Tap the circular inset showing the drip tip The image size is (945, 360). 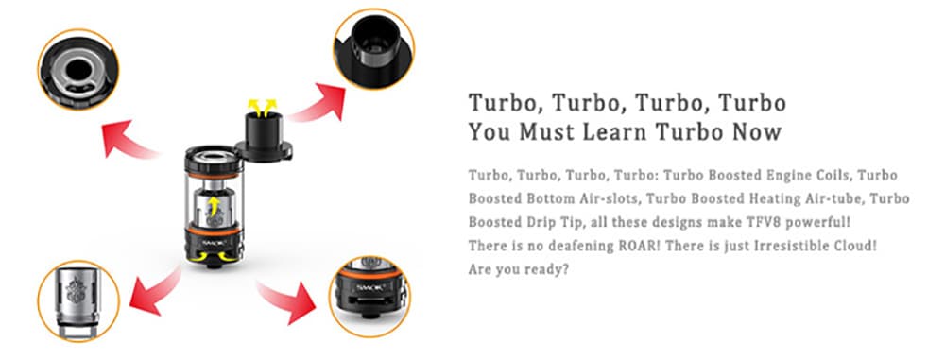[374, 49]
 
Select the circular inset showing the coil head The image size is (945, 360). [78, 300]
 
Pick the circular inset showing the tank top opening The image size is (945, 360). [78, 69]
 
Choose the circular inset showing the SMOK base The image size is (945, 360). [369, 297]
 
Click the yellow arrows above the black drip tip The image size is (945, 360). [263, 108]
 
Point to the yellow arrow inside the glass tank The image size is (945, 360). [212, 206]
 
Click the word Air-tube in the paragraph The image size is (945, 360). [843, 198]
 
